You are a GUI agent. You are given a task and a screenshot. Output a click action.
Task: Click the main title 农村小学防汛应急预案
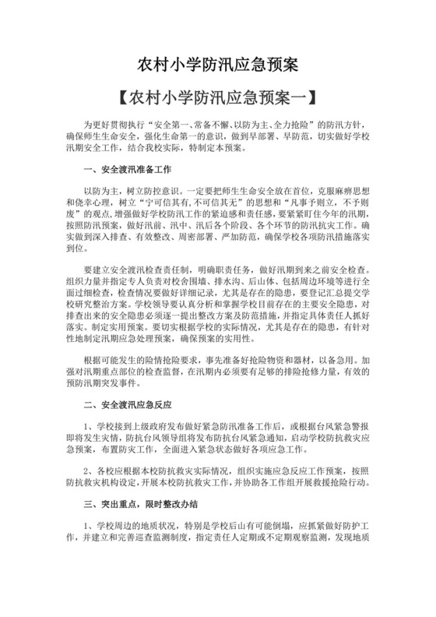217,62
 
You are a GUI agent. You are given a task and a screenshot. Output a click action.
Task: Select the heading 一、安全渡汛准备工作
126,168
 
